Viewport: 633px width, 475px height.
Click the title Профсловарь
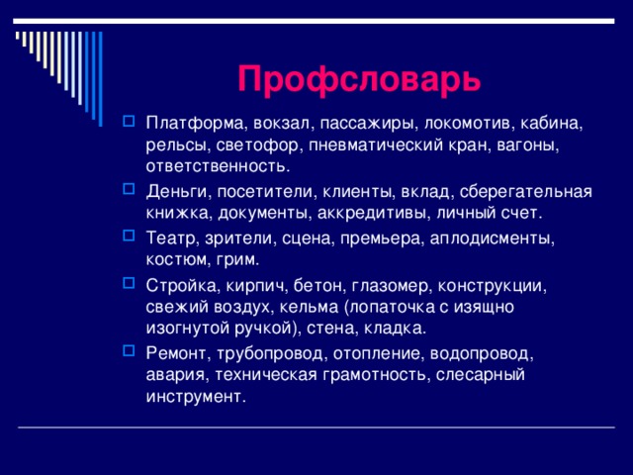pos(360,77)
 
